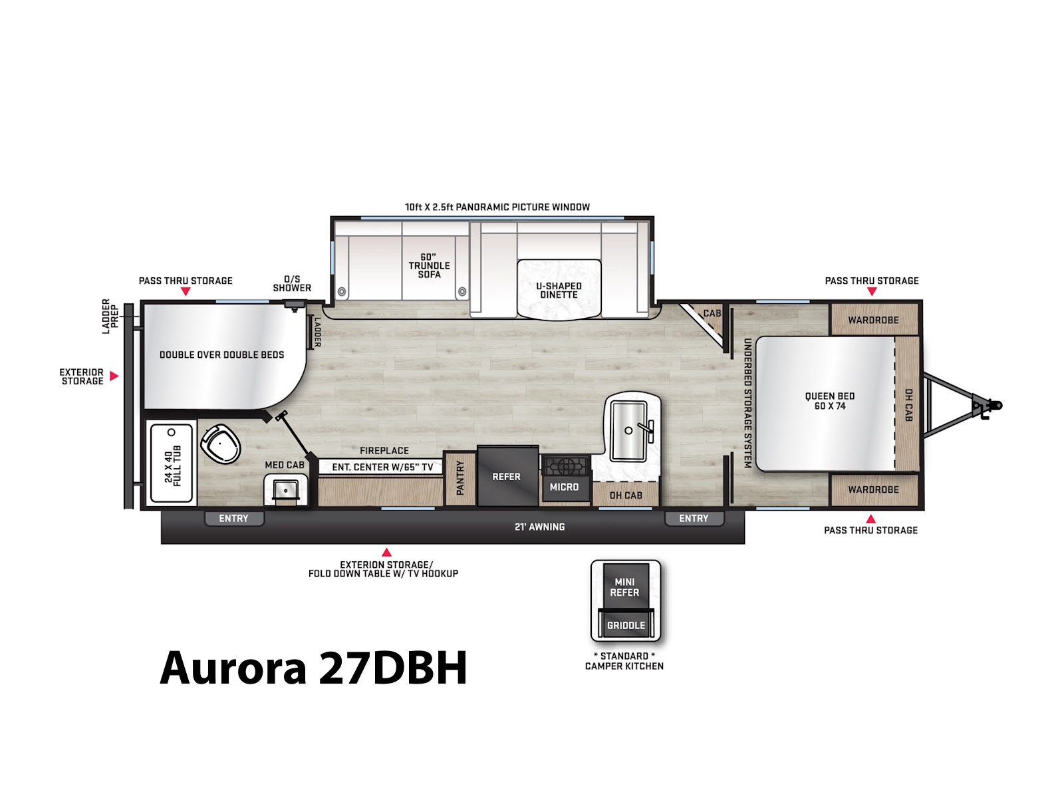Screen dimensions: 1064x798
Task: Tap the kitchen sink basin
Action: [x=628, y=431]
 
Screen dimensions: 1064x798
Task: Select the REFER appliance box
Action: [x=507, y=476]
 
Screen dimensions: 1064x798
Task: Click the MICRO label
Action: [x=564, y=487]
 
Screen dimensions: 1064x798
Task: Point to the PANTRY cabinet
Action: [x=460, y=478]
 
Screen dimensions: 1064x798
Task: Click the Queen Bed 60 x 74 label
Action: [x=829, y=401]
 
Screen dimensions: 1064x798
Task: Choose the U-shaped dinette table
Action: [x=559, y=290]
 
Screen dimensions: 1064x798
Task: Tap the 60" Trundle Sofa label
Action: [x=429, y=265]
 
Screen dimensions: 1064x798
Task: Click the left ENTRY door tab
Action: [x=234, y=519]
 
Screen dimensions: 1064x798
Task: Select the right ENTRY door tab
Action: [x=694, y=519]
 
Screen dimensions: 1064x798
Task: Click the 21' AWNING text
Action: [x=539, y=527]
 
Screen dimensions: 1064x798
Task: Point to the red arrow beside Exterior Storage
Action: [x=114, y=376]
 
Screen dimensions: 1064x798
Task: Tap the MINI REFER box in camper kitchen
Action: [x=624, y=586]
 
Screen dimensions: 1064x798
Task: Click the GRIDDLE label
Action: [x=626, y=626]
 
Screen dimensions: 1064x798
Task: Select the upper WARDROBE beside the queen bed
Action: [x=874, y=319]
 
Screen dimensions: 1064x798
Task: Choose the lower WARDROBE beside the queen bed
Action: [x=874, y=490]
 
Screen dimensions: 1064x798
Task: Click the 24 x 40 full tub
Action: [x=171, y=463]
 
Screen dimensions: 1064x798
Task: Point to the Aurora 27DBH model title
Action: [x=313, y=667]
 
